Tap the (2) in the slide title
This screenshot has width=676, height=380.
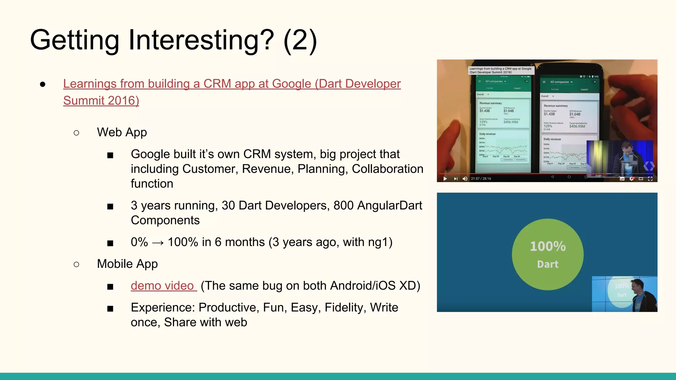300,40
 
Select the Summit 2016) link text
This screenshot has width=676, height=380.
101,101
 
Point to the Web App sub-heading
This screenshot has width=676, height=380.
122,132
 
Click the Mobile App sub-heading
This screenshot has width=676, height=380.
127,264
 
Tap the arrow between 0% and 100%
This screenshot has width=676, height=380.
158,243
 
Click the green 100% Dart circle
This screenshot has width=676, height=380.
547,254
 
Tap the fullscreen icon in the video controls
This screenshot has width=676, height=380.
650,179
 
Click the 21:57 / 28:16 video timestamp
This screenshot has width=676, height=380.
481,179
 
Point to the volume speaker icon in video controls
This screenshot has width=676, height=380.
465,179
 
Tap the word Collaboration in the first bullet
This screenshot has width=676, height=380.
387,169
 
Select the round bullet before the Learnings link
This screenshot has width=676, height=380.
43,84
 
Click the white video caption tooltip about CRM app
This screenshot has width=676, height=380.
500,70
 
